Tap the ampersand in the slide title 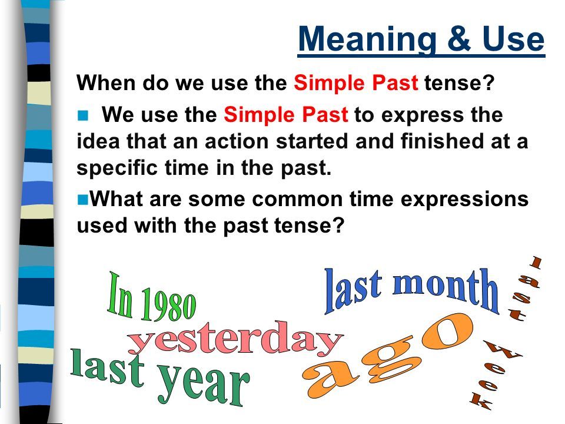point(452,39)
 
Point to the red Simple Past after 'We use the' point(286,116)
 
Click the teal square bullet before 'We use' point(82,117)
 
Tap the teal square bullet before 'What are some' point(82,200)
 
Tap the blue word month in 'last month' point(446,290)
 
